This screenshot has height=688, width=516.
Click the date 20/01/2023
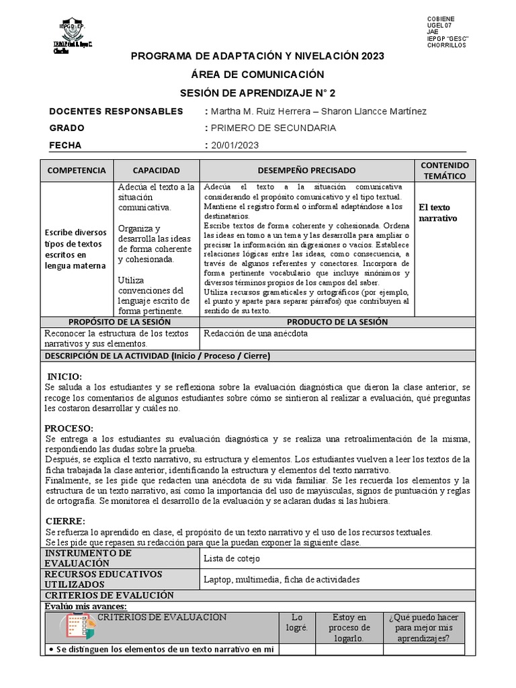pyautogui.click(x=234, y=145)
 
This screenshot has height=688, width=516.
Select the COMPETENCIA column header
pyautogui.click(x=77, y=171)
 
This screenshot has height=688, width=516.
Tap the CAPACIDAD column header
pyautogui.click(x=156, y=171)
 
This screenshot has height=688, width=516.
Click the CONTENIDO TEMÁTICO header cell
pyautogui.click(x=444, y=171)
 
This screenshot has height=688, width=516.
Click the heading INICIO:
pyautogui.click(x=64, y=376)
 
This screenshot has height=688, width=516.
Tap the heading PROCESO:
pyautogui.click(x=69, y=429)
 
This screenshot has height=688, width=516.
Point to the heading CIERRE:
pyautogui.click(x=65, y=521)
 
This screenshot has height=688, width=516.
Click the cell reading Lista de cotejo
pyautogui.click(x=231, y=558)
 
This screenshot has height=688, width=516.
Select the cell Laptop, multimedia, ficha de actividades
pyautogui.click(x=282, y=579)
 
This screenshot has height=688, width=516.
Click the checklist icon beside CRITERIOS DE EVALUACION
pyautogui.click(x=80, y=626)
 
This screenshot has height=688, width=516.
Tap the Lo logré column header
pyautogui.click(x=296, y=623)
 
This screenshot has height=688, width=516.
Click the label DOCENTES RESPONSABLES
pyautogui.click(x=116, y=111)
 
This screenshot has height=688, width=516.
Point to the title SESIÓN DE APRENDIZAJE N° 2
pyautogui.click(x=257, y=92)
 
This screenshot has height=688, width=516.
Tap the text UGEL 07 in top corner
pyautogui.click(x=439, y=24)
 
